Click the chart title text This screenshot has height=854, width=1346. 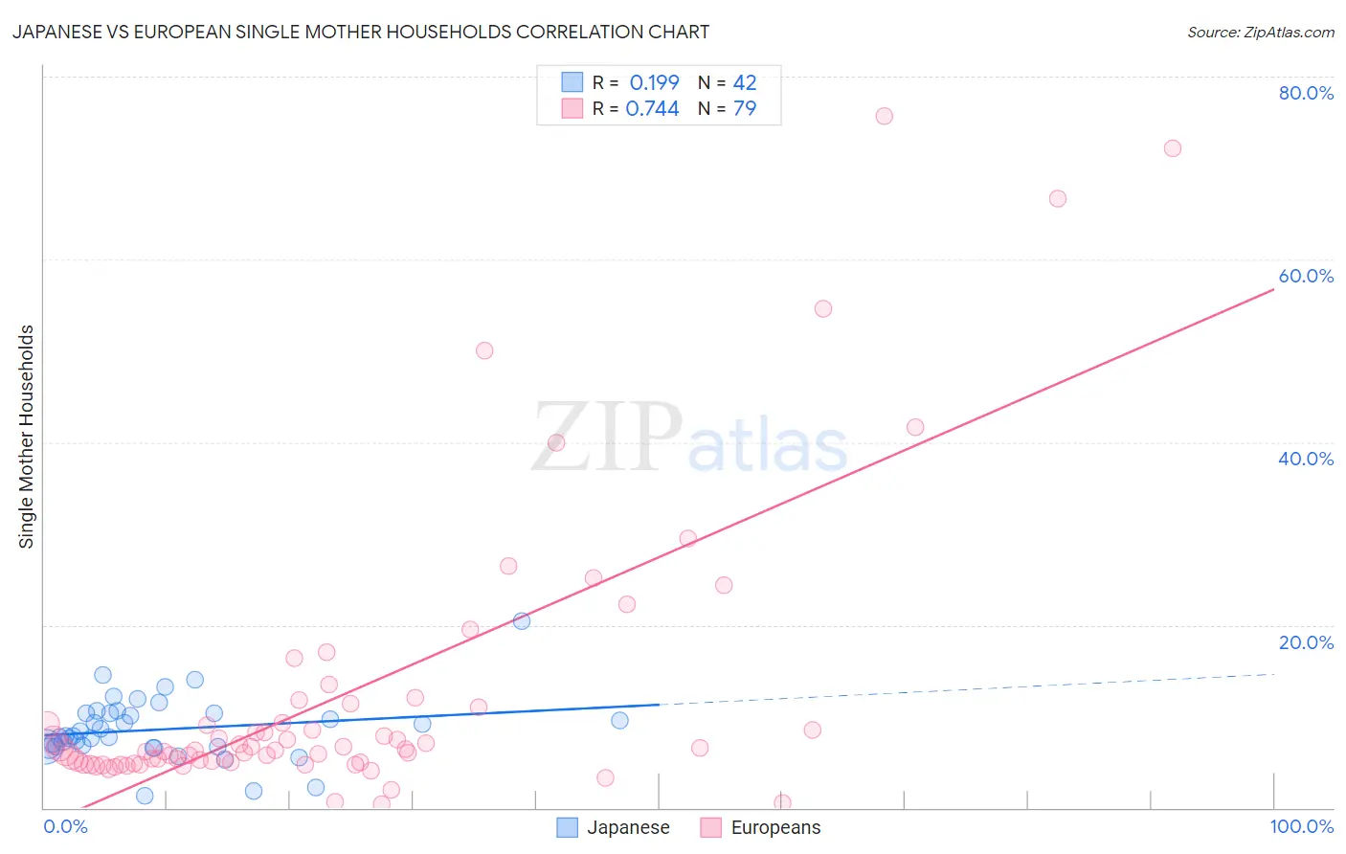[x=361, y=32]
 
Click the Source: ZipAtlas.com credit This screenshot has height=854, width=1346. [x=1260, y=32]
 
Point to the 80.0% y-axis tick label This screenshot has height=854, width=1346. [x=1306, y=93]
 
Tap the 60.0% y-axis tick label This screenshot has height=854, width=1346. [x=1306, y=276]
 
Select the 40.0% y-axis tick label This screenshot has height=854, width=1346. [x=1306, y=459]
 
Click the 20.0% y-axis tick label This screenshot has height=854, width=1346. [x=1306, y=642]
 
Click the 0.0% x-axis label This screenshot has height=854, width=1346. [x=65, y=826]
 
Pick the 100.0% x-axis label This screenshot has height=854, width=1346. [x=1301, y=826]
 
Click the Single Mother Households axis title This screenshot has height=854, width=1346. [x=27, y=437]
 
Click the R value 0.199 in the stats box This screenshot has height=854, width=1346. [x=654, y=83]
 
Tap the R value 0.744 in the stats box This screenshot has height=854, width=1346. [x=652, y=109]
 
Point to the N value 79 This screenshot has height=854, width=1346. [x=745, y=109]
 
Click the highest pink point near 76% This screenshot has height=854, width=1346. [x=884, y=116]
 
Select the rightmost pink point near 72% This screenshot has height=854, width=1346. [x=1172, y=148]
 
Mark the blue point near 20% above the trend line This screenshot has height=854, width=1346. [x=522, y=620]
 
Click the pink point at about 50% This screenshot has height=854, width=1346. [x=484, y=350]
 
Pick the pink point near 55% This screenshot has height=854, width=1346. [x=823, y=308]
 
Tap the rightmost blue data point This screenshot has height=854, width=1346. [x=619, y=720]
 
